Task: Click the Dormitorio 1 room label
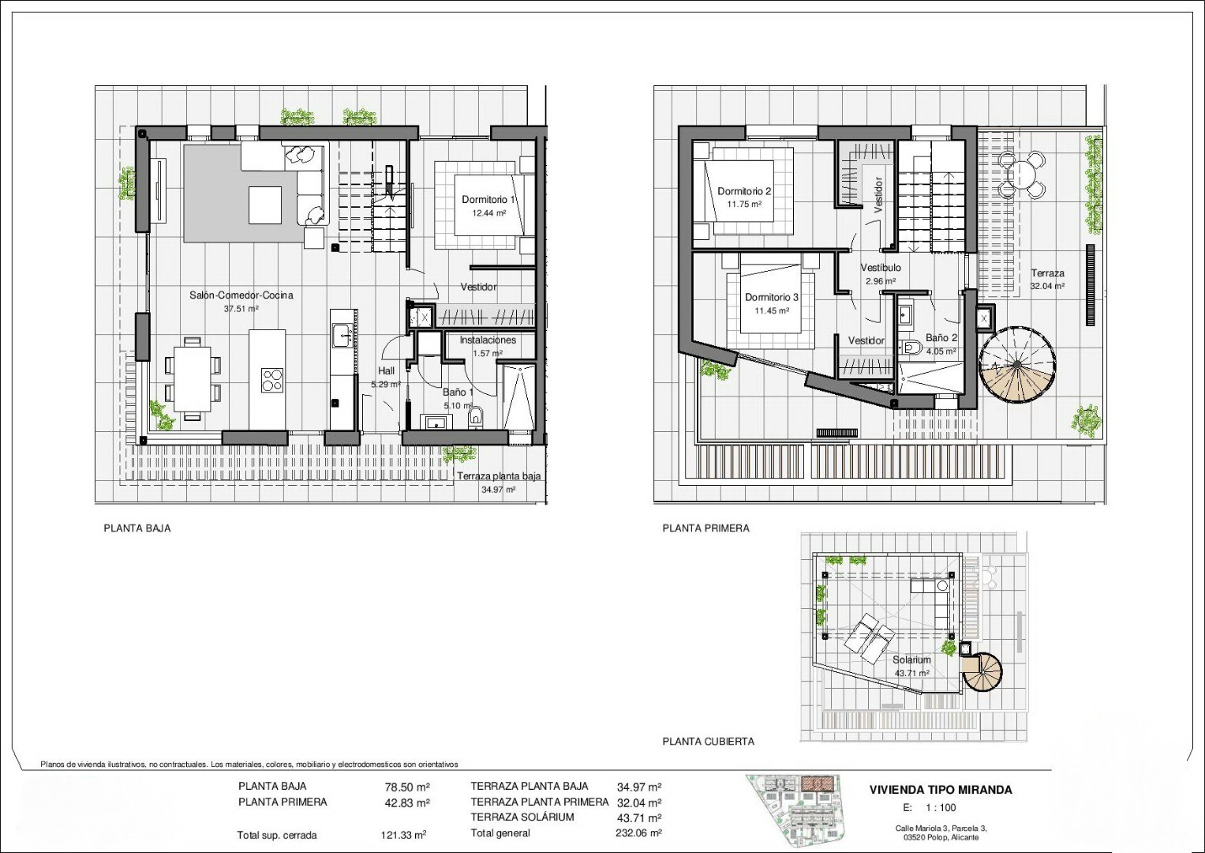[x=488, y=200]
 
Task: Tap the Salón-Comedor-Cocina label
[x=241, y=295]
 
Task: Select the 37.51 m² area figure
[x=241, y=309]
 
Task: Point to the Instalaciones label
[x=488, y=340]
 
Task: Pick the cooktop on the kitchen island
[x=272, y=380]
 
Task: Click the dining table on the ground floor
[x=192, y=379]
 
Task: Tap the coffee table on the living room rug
[x=264, y=205]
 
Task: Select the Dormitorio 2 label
[x=744, y=191]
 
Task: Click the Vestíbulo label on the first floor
[x=881, y=268]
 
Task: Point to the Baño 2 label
[x=941, y=338]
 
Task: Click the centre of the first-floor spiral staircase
[x=1016, y=364]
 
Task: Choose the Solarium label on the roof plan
[x=911, y=659]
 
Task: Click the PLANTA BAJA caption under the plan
[x=137, y=529]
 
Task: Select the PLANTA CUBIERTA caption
[x=708, y=742]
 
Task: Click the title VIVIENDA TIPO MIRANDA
[x=941, y=790]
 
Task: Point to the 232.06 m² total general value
[x=638, y=833]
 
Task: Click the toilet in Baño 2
[x=911, y=348]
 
